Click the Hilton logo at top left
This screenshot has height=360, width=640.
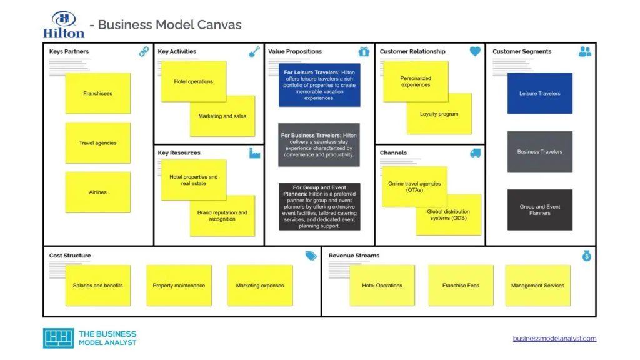pos(64,24)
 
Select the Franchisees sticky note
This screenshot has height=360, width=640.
pos(97,93)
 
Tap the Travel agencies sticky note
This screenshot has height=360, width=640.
pos(97,142)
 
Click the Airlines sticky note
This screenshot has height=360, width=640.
pos(97,192)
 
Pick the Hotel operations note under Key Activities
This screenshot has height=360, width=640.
pos(193,81)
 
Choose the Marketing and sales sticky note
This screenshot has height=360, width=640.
pos(222,116)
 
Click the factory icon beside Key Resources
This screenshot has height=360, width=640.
pos(254,153)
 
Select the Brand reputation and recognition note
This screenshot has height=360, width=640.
pos(222,216)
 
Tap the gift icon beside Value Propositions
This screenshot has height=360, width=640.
pos(364,52)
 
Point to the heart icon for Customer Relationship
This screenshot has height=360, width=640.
pos(475,52)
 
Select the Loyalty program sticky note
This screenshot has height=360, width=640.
pos(439,114)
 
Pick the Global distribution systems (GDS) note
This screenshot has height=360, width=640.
pos(449,214)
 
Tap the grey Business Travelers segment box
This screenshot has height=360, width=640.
pos(539,151)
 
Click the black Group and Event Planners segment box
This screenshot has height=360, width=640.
pos(539,210)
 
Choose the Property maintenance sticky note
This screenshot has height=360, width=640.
pos(179,286)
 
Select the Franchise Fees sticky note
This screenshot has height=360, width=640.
pos(461,286)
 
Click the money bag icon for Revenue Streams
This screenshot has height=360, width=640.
pos(586,256)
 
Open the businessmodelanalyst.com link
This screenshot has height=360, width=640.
pos(554,339)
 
